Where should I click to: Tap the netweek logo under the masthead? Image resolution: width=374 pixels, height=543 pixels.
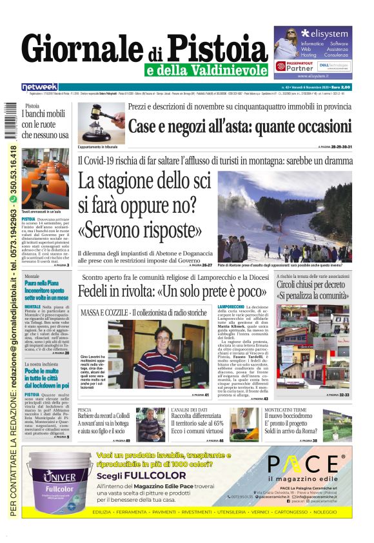click(39, 86)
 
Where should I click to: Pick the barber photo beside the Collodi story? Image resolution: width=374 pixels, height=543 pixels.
click(150, 424)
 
